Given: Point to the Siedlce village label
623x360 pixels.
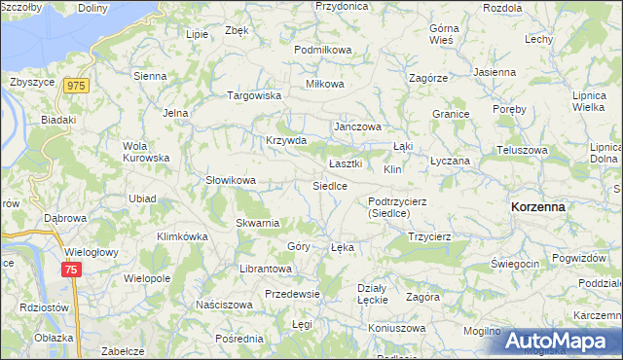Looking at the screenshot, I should click(x=329, y=185).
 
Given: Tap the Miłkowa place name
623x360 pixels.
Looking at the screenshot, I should click(x=325, y=84).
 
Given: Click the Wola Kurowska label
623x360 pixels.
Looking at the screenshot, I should click(x=146, y=152).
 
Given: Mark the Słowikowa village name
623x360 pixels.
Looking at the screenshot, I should click(x=230, y=180).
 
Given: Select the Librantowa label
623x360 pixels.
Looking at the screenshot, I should click(x=266, y=268).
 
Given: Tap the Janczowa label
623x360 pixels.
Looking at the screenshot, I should click(x=357, y=126).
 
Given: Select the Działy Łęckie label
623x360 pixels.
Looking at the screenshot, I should click(x=373, y=293).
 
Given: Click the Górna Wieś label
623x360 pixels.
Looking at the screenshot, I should click(x=444, y=34).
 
